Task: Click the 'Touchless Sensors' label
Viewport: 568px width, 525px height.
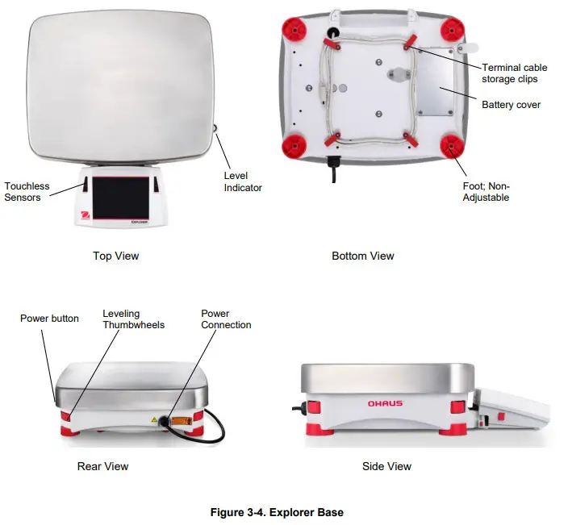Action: coord(27,191)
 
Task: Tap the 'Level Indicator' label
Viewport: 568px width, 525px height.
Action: coord(242,181)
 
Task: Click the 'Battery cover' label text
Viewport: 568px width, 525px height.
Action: coord(511,105)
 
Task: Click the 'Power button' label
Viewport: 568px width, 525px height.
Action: coord(49,319)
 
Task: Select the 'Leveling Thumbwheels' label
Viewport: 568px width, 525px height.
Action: coord(133,319)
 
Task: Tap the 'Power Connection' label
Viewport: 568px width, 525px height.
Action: coord(226,319)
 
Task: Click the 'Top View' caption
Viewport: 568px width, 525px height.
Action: coord(115,256)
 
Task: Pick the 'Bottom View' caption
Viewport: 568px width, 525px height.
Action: coord(362,256)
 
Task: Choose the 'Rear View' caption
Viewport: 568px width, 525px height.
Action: coord(102,466)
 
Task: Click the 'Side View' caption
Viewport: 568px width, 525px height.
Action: coord(386,466)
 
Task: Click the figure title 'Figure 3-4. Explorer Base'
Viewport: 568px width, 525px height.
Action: coord(277,512)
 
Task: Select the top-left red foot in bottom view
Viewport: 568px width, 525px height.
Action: coord(294,30)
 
